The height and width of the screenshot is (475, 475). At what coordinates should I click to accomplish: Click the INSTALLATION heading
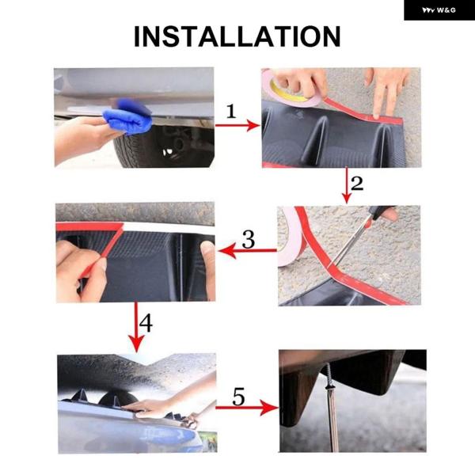[x=237, y=36]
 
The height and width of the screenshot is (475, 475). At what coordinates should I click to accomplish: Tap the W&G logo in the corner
[x=439, y=10]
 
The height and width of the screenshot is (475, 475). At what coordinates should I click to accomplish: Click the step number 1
[x=231, y=112]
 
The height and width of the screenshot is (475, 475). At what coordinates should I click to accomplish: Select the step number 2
[x=357, y=184]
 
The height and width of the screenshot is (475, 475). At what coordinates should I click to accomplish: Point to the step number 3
[x=249, y=240]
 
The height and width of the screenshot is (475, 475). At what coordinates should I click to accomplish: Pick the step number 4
[x=146, y=323]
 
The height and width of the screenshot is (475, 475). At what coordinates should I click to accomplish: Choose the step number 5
[x=238, y=397]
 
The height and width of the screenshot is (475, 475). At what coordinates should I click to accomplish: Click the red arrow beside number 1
[x=237, y=125]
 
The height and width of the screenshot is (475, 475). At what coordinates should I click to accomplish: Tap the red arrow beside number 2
[x=347, y=185]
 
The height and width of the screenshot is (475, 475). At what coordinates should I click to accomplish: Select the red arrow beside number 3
[x=248, y=250]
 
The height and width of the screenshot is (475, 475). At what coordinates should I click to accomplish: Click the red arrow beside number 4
[x=136, y=327]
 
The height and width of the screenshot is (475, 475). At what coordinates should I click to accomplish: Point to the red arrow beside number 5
[x=247, y=408]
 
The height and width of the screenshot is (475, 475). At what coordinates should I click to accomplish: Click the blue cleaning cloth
[x=128, y=116]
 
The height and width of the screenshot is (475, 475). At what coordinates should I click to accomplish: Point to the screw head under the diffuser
[x=329, y=386]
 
